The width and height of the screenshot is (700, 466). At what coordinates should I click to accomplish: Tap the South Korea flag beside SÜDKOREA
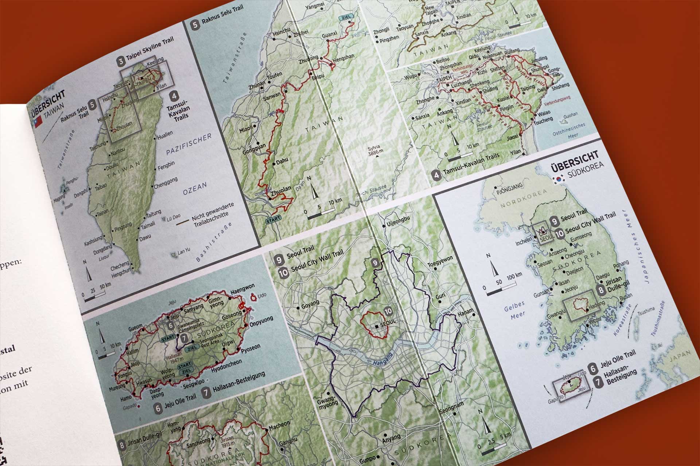(x=559, y=179)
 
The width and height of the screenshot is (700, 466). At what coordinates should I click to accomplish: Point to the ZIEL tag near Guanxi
(x=345, y=17)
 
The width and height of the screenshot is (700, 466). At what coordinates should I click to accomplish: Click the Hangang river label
(x=382, y=359)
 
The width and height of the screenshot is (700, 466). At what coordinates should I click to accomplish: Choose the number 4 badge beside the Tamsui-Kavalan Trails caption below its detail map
(x=436, y=175)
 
